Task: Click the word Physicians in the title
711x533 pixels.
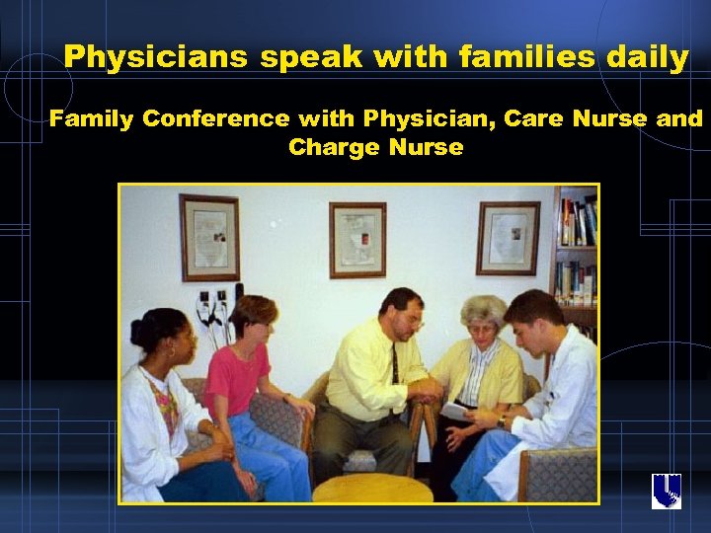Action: [x=157, y=57]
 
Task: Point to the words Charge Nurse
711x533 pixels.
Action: [x=375, y=148]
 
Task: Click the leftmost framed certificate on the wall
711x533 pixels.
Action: [x=209, y=236]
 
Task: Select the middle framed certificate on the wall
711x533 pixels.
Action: [x=357, y=240]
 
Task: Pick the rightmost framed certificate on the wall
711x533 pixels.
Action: [x=508, y=237]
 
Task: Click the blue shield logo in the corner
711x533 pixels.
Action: [x=667, y=491]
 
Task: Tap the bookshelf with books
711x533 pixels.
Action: [x=575, y=257]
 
